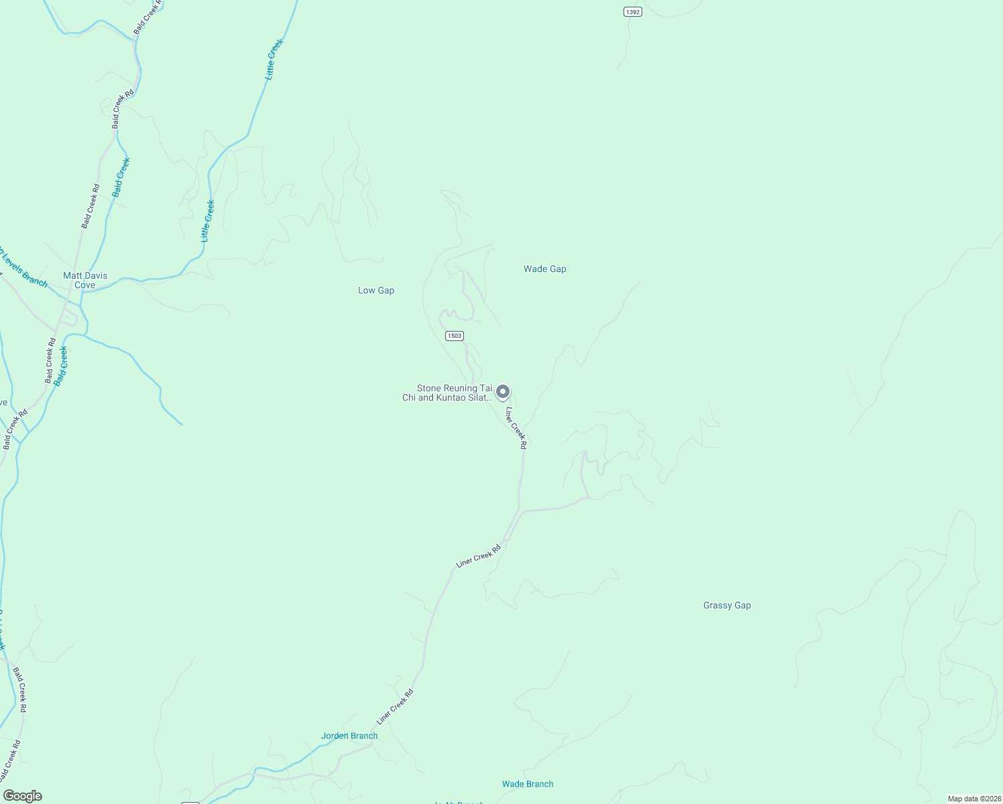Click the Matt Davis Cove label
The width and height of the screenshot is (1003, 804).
[85, 280]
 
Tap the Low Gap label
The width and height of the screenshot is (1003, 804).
[376, 290]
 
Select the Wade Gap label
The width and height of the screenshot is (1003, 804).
[544, 269]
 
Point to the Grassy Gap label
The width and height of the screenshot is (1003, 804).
[727, 605]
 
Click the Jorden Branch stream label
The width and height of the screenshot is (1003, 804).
[349, 736]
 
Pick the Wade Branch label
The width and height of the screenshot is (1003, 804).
[528, 784]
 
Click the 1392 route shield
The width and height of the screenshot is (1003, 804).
[632, 11]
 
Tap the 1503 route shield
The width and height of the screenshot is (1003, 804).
[455, 336]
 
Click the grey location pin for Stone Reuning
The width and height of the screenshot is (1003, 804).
[503, 392]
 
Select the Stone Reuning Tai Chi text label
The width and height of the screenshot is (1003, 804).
[447, 393]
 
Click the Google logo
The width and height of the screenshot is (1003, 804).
[23, 796]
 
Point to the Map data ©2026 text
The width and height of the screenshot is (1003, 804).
[973, 799]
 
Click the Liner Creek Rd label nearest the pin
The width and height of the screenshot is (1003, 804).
[516, 427]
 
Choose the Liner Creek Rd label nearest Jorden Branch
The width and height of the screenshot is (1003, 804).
[395, 707]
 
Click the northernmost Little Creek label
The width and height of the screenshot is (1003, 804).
[275, 60]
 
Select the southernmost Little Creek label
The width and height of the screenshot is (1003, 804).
[208, 221]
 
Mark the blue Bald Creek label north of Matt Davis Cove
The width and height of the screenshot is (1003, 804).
[121, 177]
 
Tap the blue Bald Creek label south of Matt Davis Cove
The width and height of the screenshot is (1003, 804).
[61, 366]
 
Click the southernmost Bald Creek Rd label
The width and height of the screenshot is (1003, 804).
[9, 760]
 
